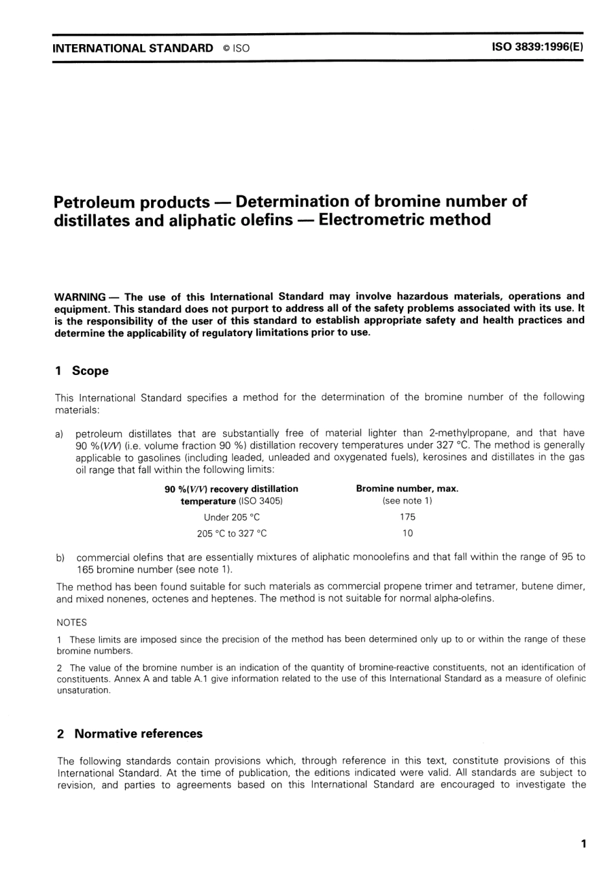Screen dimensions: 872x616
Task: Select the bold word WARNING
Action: click(80, 297)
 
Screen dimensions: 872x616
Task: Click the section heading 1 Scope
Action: click(82, 371)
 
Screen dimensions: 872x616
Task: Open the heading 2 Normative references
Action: click(130, 734)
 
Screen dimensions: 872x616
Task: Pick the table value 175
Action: click(407, 517)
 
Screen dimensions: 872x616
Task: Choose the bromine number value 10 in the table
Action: click(407, 533)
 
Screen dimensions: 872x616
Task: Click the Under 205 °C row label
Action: click(231, 517)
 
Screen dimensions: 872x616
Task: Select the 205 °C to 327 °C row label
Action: click(231, 533)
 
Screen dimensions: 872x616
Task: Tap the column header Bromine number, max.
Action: click(407, 489)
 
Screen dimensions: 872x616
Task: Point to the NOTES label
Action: click(71, 622)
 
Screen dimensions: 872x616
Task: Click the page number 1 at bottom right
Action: click(584, 844)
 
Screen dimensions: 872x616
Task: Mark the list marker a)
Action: click(60, 433)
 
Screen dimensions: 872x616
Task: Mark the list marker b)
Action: click(60, 557)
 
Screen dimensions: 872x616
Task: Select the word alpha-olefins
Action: click(465, 598)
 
